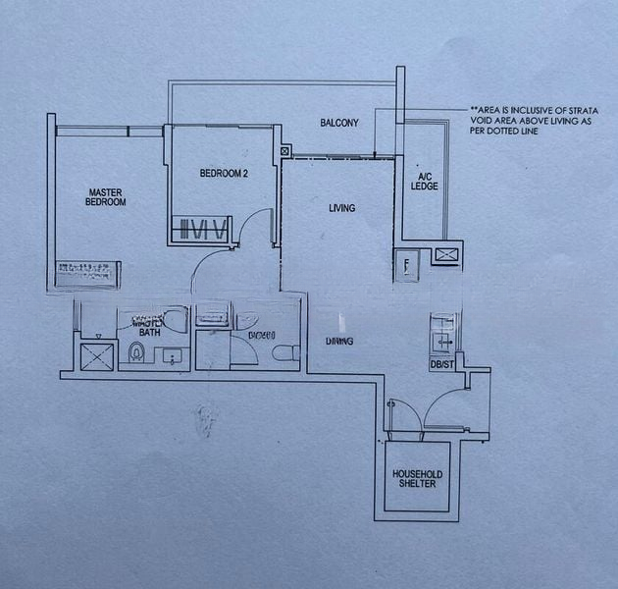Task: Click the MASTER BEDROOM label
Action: (x=107, y=197)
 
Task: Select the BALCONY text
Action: (x=339, y=123)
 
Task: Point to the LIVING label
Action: (x=341, y=208)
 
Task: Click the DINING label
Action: (x=339, y=341)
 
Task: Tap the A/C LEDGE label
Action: (x=424, y=181)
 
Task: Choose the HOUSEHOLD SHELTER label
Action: (x=417, y=479)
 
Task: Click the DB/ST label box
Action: (x=441, y=364)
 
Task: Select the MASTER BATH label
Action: (x=149, y=326)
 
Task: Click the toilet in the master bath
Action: (x=135, y=352)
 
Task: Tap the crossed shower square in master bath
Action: (x=95, y=353)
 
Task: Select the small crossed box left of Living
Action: (x=285, y=152)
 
